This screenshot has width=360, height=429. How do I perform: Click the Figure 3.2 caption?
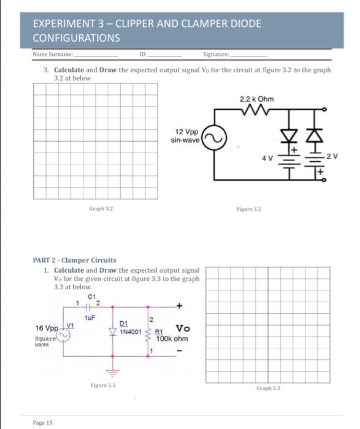pyautogui.click(x=249, y=209)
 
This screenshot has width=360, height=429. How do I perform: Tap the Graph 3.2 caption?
pyautogui.click(x=100, y=209)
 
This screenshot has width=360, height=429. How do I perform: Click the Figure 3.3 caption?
pyautogui.click(x=103, y=385)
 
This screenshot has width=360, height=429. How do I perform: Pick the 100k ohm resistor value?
pyautogui.click(x=172, y=338)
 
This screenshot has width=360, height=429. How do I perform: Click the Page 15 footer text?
pyautogui.click(x=43, y=423)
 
